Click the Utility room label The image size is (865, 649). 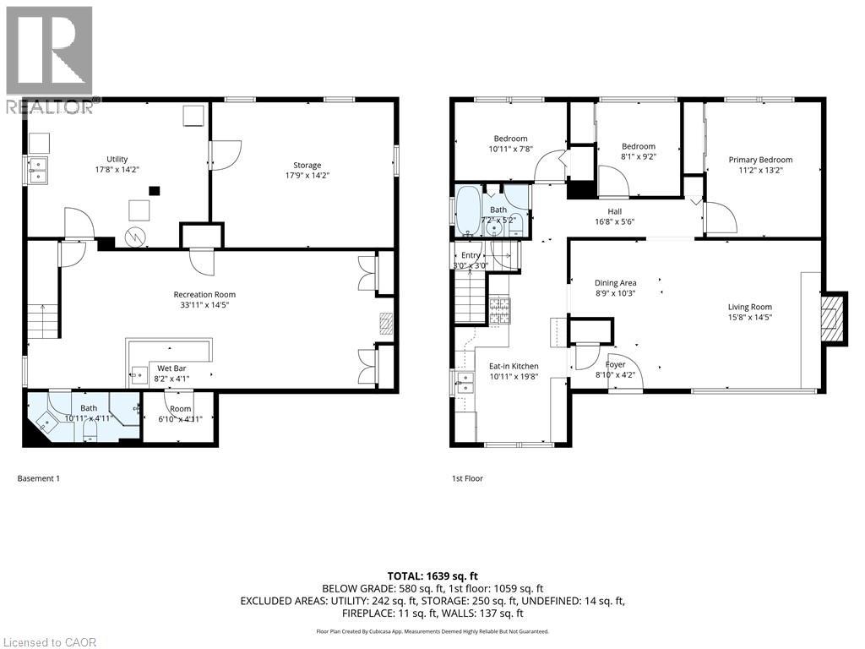(117, 159)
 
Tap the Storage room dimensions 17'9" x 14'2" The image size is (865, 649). (307, 177)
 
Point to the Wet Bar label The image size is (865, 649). (171, 368)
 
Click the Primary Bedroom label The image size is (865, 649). (760, 160)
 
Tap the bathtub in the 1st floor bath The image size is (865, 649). (467, 211)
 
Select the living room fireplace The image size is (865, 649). (833, 318)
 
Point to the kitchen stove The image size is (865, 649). (499, 311)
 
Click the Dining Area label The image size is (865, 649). (616, 283)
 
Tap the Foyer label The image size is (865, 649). (615, 364)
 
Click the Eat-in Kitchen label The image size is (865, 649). (514, 366)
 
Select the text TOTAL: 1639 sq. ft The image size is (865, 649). (432, 574)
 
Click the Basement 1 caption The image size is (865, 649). (39, 478)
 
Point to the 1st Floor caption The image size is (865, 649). (467, 478)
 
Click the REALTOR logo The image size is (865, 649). (48, 59)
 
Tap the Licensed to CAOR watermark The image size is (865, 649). (50, 641)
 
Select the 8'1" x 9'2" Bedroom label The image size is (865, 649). (638, 146)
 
